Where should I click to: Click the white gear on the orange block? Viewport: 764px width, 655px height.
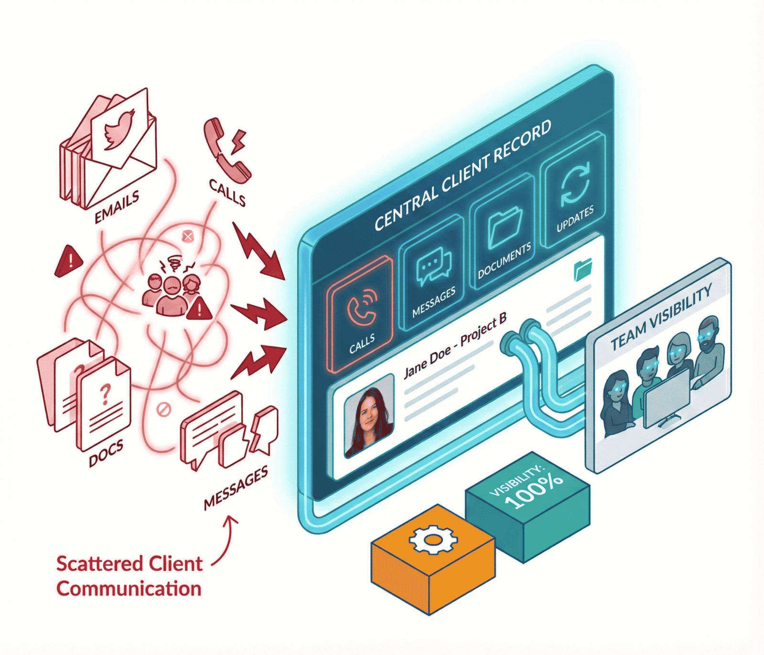(x=433, y=540)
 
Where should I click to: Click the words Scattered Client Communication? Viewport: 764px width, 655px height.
(x=129, y=576)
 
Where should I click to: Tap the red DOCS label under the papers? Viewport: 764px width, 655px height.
(x=106, y=453)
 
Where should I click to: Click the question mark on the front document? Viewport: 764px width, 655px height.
(x=106, y=394)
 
